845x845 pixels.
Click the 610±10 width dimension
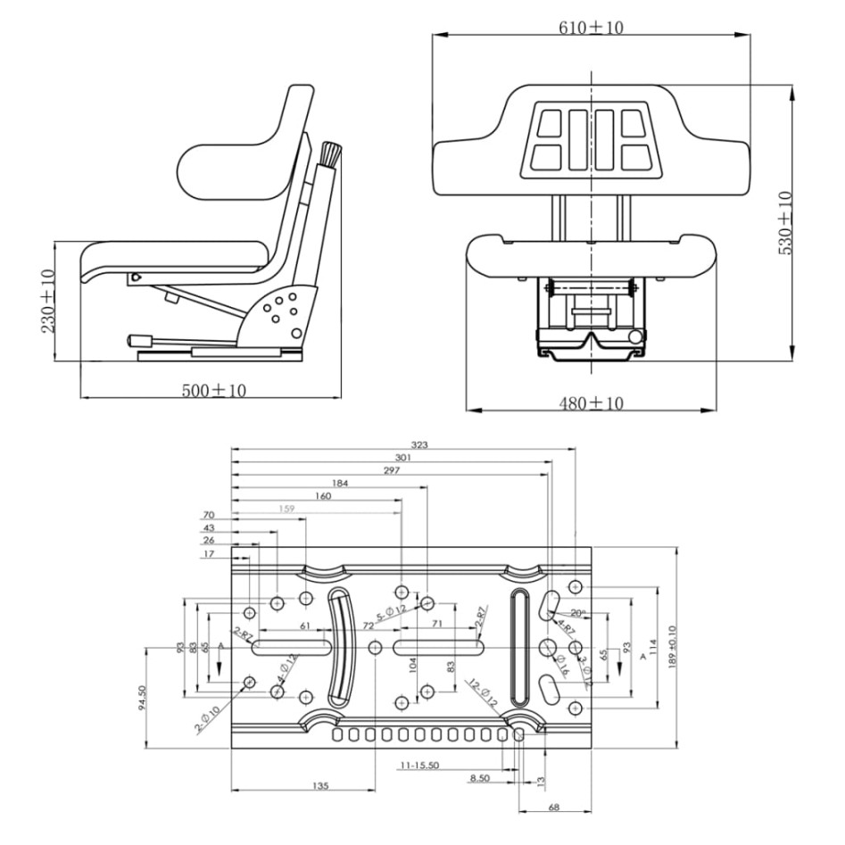[592, 27]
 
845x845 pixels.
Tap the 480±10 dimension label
[591, 403]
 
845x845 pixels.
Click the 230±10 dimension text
[46, 301]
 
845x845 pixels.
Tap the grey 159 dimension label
[287, 509]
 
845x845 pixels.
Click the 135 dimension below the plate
[321, 786]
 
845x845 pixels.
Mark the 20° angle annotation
[578, 614]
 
